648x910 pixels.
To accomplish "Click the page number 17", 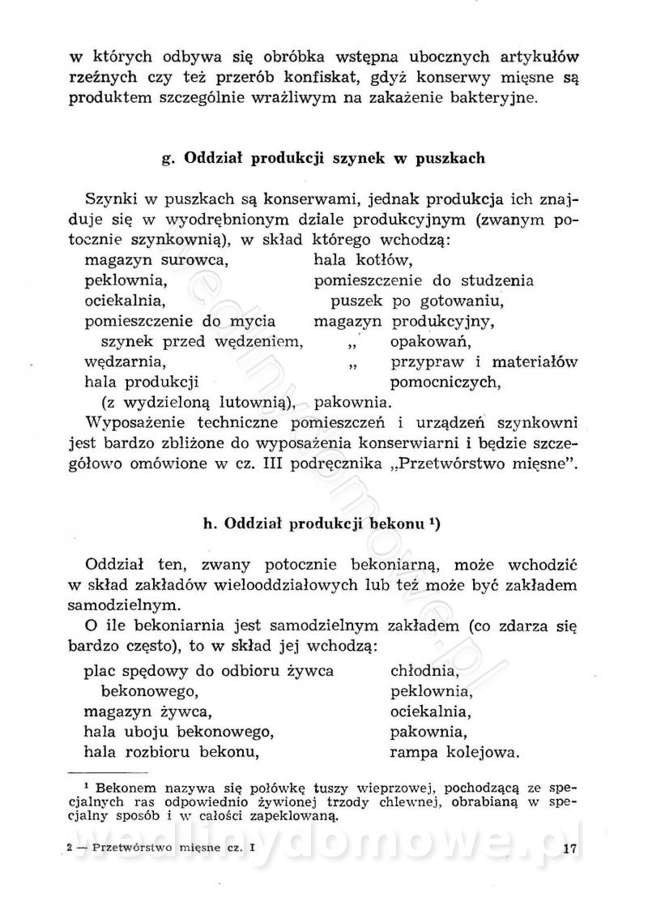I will click(567, 849).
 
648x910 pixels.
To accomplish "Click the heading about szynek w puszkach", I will click(323, 158).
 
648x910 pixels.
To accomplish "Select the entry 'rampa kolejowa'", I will click(454, 754).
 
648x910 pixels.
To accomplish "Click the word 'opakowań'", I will click(424, 341).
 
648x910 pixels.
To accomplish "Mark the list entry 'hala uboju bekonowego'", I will click(176, 733).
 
